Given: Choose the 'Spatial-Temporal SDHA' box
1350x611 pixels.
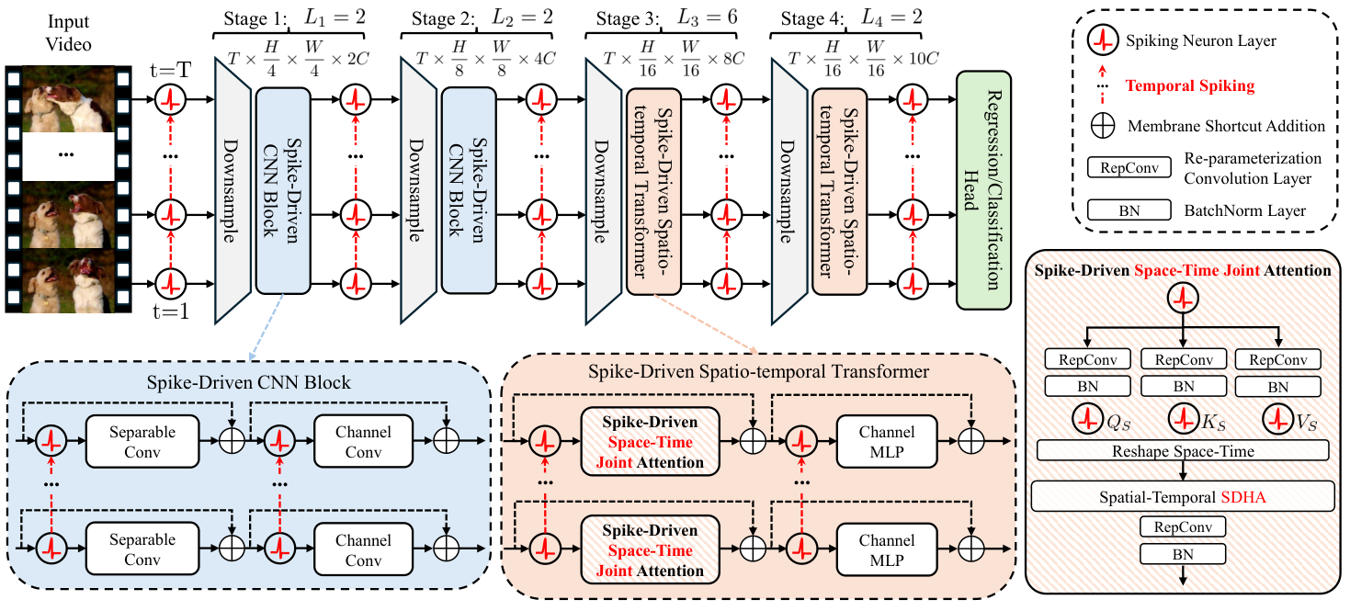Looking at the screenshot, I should pyautogui.click(x=1182, y=497).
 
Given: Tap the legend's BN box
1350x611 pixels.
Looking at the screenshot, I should pyautogui.click(x=1129, y=210).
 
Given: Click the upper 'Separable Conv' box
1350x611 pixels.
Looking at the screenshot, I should pyautogui.click(x=142, y=442).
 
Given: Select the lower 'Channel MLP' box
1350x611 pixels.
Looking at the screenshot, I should pyautogui.click(x=888, y=549).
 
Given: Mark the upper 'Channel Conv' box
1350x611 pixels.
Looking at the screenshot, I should pyautogui.click(x=363, y=442).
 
